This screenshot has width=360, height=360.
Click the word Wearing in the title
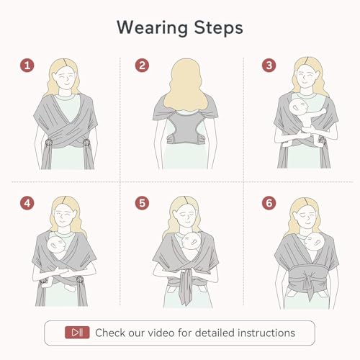coord(152,28)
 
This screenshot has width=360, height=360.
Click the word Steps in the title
coord(218,28)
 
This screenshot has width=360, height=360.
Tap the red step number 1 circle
coord(27,66)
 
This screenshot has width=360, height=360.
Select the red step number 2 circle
coord(142,66)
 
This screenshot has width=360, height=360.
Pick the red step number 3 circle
coord(269,66)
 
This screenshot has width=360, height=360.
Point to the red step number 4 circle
coord(27,203)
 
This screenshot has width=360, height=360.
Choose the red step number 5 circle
coord(142,203)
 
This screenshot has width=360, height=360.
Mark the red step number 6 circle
coord(269,203)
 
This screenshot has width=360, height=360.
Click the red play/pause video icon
coord(77,333)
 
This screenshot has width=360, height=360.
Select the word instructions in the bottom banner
coord(266,333)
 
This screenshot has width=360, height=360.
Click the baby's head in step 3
coord(298,107)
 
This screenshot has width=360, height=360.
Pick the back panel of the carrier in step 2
coord(185,127)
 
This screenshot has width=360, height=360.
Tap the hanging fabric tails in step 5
coord(186,287)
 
